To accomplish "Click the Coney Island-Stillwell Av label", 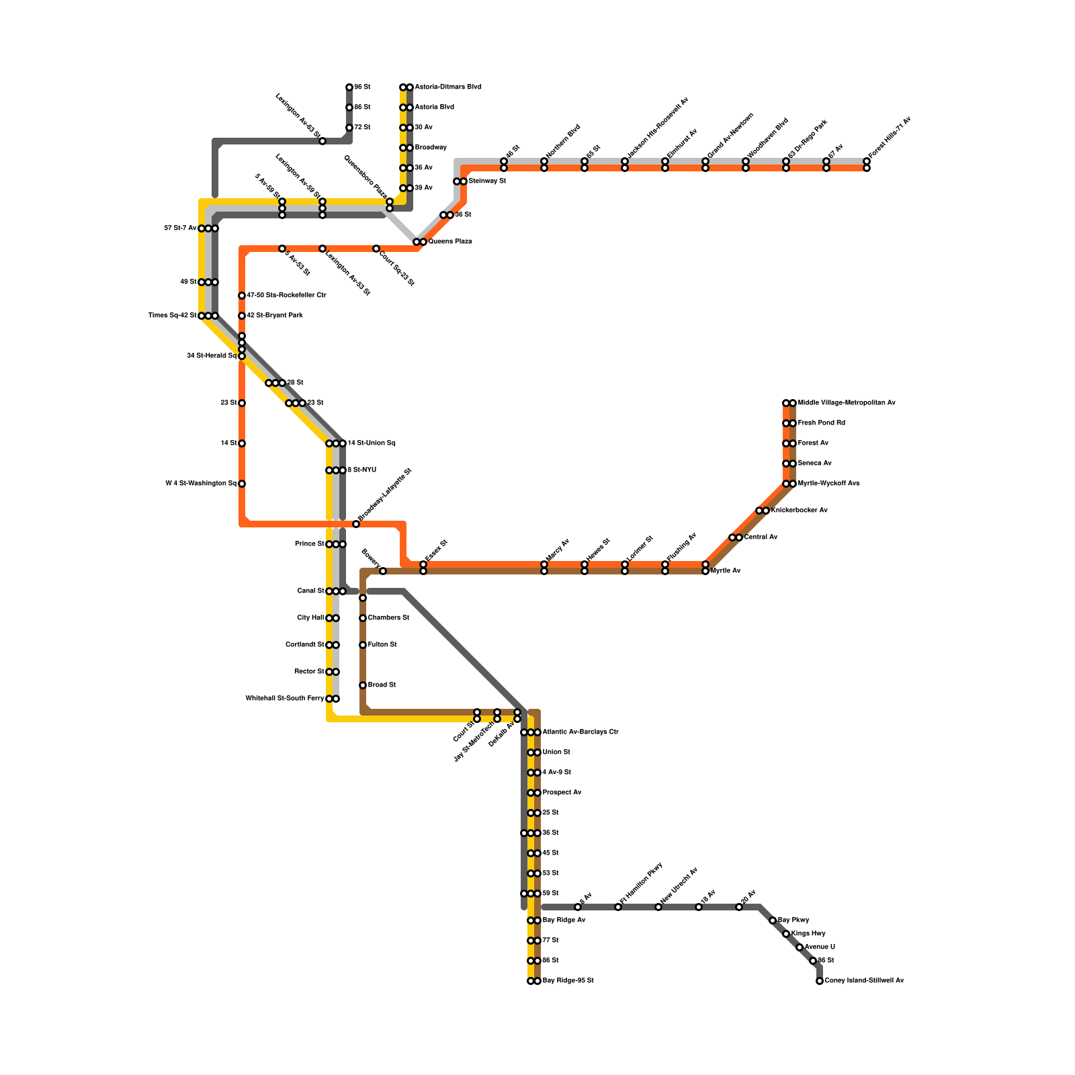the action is [864, 981].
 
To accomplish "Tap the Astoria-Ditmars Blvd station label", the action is [448, 87].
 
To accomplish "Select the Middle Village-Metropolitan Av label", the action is [847, 403].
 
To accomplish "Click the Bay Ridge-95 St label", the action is [568, 981].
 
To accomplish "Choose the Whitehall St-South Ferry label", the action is [285, 699].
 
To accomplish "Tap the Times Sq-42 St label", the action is [172, 316].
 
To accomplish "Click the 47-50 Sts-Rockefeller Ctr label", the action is [286, 296].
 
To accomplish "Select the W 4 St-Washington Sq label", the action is [201, 484].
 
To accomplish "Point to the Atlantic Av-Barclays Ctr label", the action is [580, 732].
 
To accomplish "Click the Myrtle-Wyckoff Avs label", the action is [828, 484].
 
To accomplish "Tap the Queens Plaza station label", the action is [450, 242].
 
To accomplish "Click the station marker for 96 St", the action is [349, 87].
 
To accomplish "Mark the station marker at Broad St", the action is [363, 685].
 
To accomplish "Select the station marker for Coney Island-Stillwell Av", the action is [820, 981].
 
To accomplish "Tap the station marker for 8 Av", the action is [578, 907].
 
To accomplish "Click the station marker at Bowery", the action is [383, 571].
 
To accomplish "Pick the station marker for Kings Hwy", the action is [786, 934].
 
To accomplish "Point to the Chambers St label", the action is [388, 618].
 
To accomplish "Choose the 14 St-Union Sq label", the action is [372, 443].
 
